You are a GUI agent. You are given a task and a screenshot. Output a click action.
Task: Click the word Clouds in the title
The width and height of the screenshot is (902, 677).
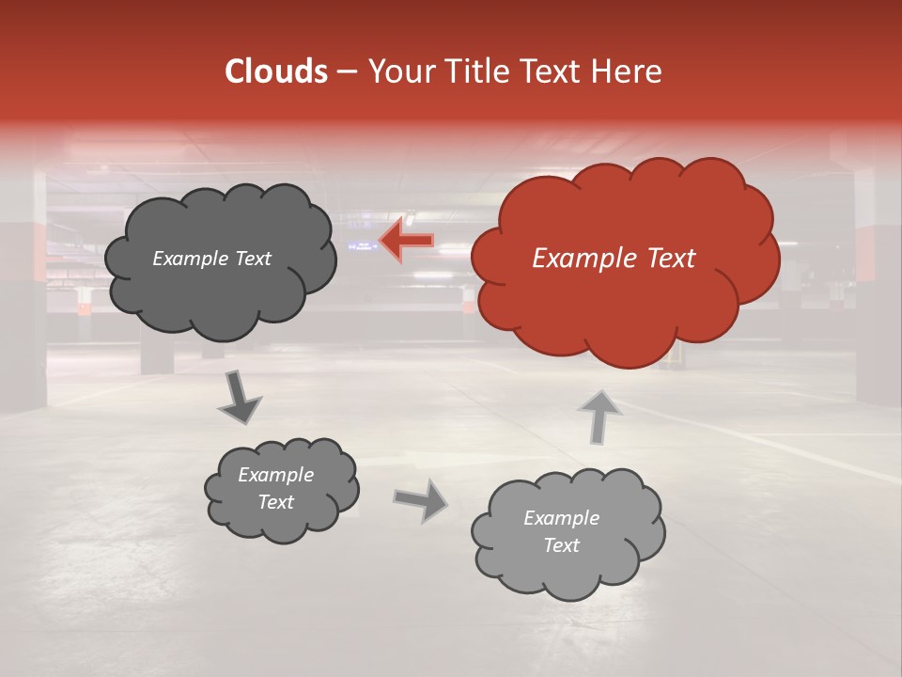tap(276, 71)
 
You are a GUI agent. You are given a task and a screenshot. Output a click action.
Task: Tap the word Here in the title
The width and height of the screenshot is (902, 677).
tap(629, 71)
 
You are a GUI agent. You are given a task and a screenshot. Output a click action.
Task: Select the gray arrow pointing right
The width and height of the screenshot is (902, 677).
tap(422, 500)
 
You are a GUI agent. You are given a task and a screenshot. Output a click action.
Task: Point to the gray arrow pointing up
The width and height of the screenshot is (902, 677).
tap(599, 417)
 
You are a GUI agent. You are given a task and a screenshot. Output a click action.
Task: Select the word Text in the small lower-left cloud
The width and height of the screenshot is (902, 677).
tap(276, 502)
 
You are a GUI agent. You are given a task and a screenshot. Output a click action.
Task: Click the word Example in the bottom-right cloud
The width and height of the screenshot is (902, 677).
tap(561, 518)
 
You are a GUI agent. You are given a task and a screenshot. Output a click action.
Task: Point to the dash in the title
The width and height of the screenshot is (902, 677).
tap(346, 71)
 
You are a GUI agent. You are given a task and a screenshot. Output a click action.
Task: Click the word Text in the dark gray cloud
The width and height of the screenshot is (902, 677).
tap(254, 259)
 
